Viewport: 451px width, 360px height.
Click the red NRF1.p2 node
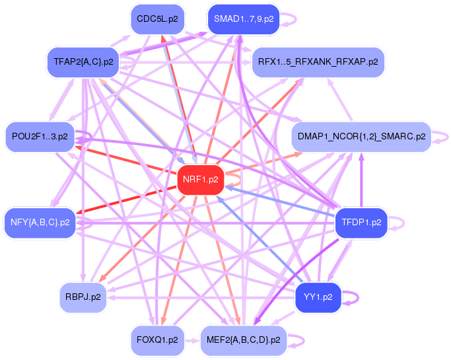point(199,179)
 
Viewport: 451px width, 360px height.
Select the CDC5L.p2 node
point(157,19)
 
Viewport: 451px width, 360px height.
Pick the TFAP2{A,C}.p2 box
point(83,63)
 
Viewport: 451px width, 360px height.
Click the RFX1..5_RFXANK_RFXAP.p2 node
point(318,62)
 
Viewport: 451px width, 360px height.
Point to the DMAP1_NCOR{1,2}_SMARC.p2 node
point(361,137)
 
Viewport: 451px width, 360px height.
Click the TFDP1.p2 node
point(359,222)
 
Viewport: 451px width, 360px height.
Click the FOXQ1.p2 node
point(156,340)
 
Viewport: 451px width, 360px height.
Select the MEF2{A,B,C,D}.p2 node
point(243,340)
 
